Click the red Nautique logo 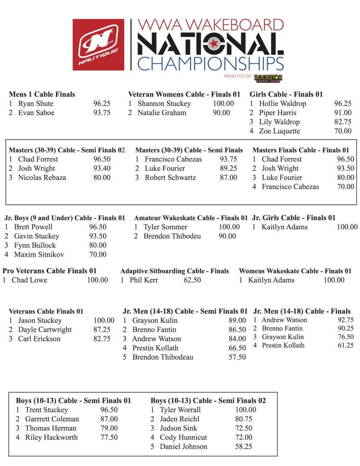click(x=98, y=44)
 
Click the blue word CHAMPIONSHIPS click(x=210, y=63)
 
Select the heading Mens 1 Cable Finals click(x=42, y=95)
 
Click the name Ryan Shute click(x=35, y=104)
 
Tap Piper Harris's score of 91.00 click(x=343, y=113)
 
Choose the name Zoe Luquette click(x=279, y=131)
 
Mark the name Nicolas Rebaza click(x=42, y=177)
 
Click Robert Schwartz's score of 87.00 click(x=228, y=177)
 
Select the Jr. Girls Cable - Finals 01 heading click(x=294, y=218)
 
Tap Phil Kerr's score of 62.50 click(x=192, y=280)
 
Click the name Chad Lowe click(x=29, y=280)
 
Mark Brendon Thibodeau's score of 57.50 click(x=237, y=357)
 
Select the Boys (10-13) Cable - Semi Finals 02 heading click(x=208, y=401)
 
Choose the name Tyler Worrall click(x=180, y=410)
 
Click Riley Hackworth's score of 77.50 click(x=109, y=437)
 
